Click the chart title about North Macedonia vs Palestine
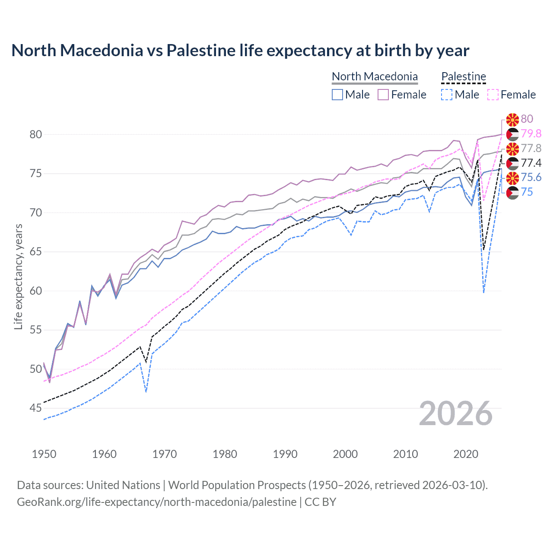coord(240,51)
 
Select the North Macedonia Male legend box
coord(337,95)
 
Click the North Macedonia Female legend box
coord(383,95)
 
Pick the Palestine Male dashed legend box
coord(447,95)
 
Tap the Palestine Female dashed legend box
coord(493,95)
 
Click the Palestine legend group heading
coord(464,76)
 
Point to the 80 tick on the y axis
coord(36,134)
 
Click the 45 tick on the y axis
coord(36,408)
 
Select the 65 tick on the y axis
coord(36,251)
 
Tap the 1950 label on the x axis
coord(44,454)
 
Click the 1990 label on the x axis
coord(285,454)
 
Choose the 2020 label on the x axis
coord(466,454)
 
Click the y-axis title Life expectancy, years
coord(18,276)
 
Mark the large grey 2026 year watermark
coord(456,413)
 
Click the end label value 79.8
coord(531,133)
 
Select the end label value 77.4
coord(531,163)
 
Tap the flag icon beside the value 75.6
coord(512,178)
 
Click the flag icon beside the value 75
coord(512,192)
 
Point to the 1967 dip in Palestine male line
coord(146,391)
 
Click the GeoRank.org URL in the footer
coord(156,502)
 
